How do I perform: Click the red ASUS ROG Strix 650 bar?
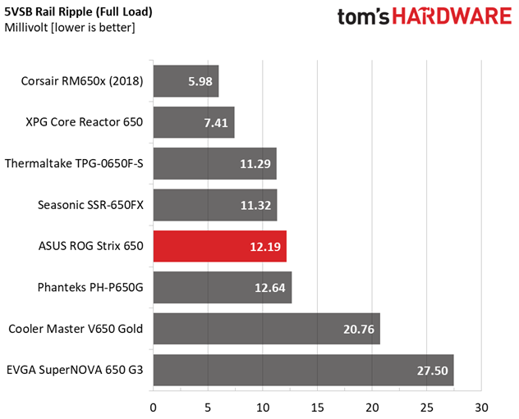click(219, 246)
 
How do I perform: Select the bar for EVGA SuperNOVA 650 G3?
click(303, 370)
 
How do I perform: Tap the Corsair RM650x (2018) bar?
click(186, 81)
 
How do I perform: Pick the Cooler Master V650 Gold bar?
click(266, 329)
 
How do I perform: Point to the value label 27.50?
click(433, 371)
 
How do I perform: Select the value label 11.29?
click(256, 164)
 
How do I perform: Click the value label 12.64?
click(271, 288)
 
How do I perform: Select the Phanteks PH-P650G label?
click(90, 288)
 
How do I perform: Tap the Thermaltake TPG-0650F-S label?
click(74, 164)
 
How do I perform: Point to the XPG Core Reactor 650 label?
click(85, 123)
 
